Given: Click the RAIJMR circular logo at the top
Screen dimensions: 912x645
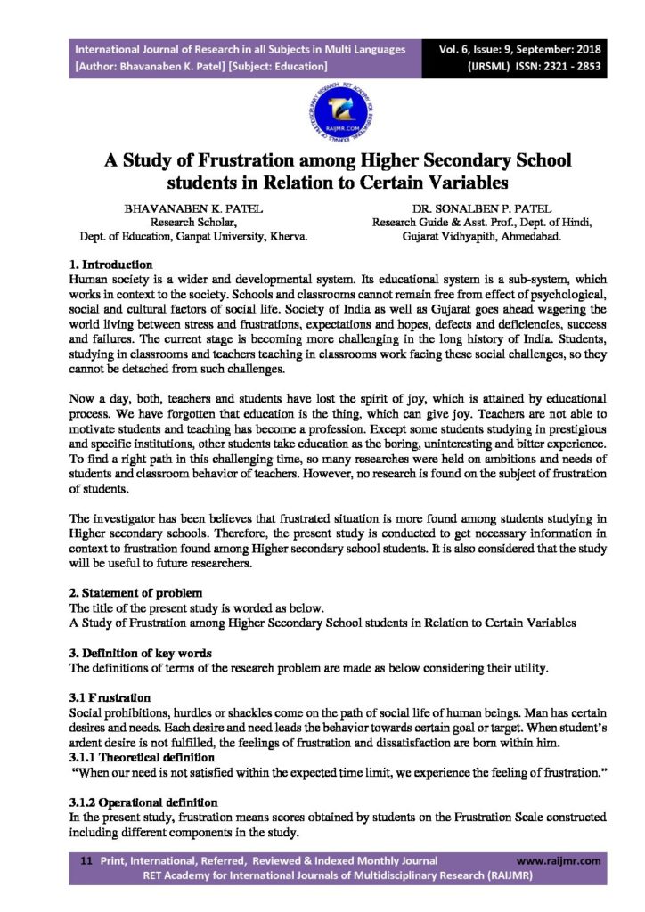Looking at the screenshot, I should (322, 110).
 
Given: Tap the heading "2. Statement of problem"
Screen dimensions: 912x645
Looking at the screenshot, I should (135, 592).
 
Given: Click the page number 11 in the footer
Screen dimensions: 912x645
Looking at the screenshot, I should (86, 860).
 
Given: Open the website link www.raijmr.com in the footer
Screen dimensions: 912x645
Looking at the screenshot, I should (559, 860).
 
